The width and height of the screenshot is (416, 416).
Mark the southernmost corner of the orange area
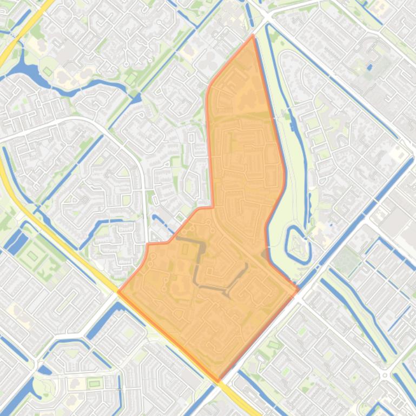(x=219, y=381)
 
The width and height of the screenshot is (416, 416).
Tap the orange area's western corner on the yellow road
(x=118, y=292)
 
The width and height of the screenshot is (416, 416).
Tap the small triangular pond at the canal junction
(x=136, y=98)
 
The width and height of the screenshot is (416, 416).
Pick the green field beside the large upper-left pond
(x=48, y=71)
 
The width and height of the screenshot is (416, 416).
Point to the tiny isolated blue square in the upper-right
(x=370, y=68)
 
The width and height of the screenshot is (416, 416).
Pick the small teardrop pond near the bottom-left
(x=44, y=370)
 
